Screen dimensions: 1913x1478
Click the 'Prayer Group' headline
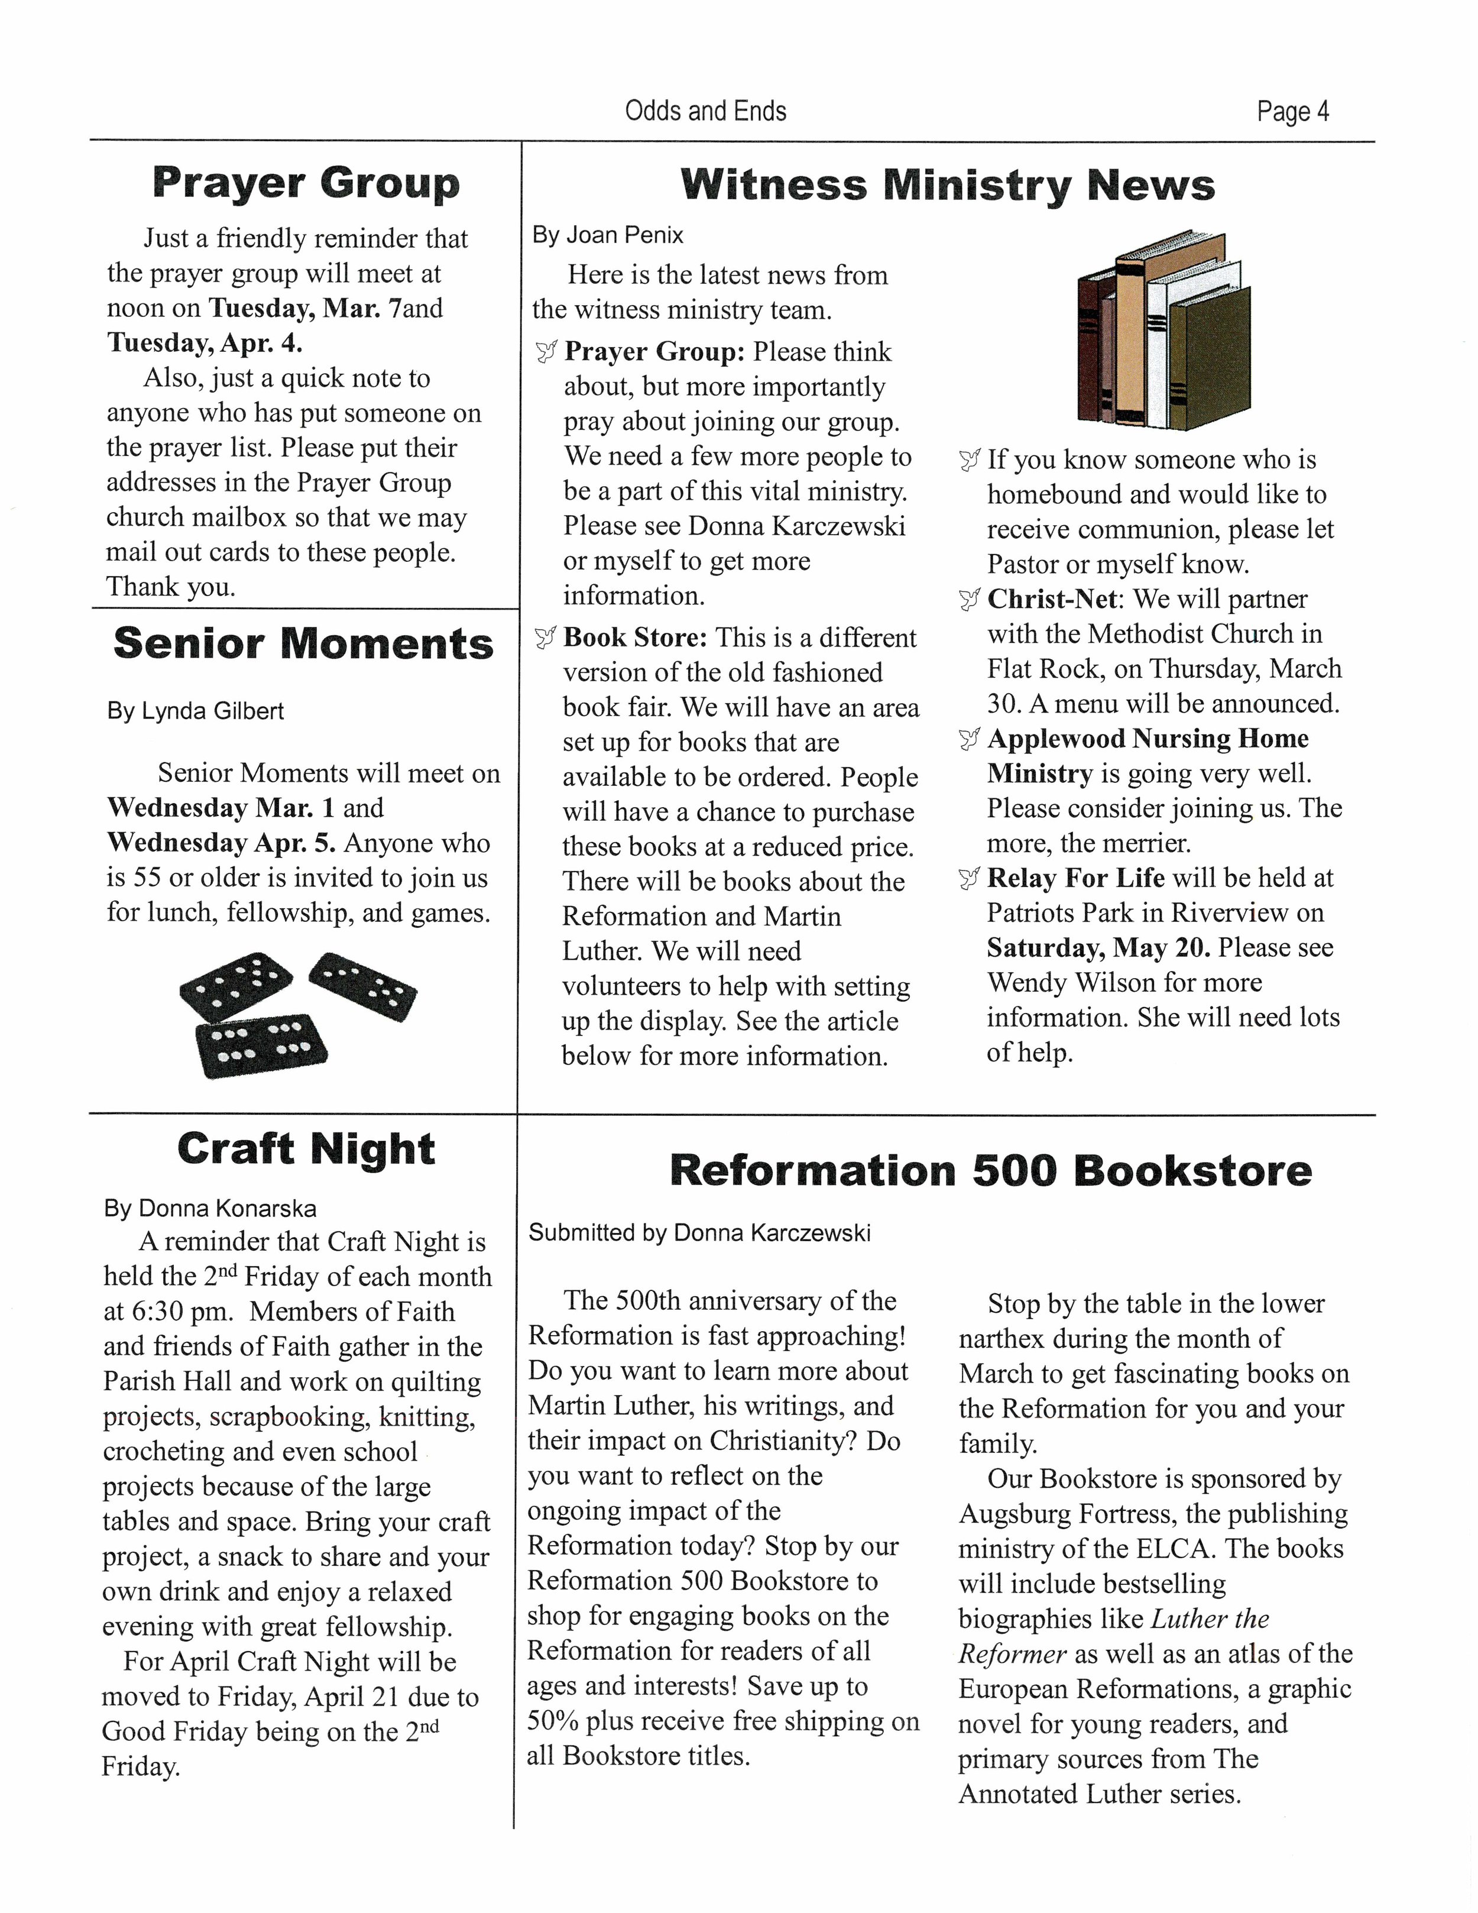point(306,183)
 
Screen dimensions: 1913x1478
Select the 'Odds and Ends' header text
point(706,111)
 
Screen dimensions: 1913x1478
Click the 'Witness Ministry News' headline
point(947,185)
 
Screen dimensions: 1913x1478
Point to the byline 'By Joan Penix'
point(608,235)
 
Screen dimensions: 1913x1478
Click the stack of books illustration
point(1163,331)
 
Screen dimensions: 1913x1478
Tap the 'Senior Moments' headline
point(303,644)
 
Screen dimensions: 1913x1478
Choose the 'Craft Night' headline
point(306,1149)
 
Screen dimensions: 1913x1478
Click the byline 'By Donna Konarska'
point(210,1209)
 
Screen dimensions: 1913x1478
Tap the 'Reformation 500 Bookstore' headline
point(990,1171)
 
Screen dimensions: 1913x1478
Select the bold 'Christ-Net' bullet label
point(1052,599)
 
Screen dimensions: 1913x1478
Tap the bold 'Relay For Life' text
point(1075,878)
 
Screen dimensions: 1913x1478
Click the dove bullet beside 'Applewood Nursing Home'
point(968,740)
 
